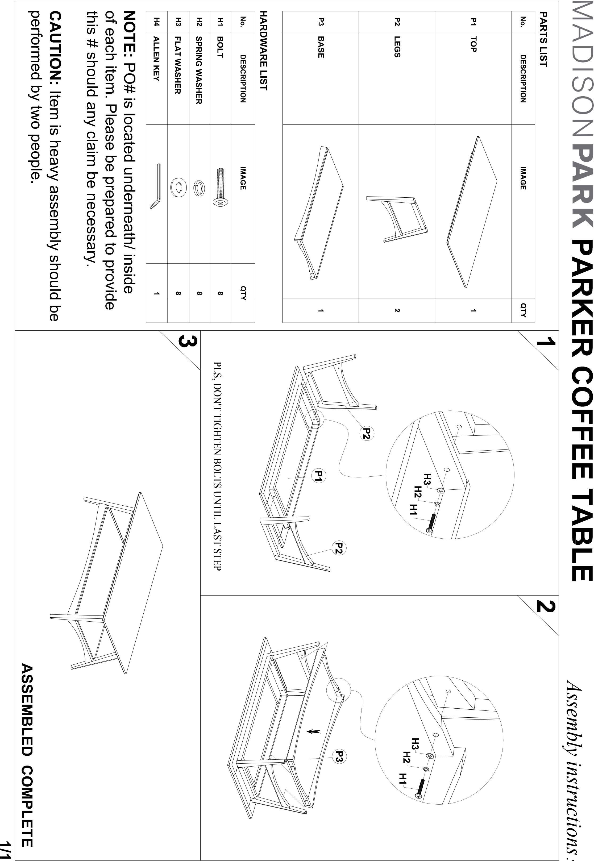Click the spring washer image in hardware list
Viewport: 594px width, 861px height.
point(199,188)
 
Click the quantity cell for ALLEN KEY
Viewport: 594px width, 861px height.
point(157,294)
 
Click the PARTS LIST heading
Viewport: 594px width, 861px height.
point(543,39)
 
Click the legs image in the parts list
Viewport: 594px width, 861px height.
point(397,219)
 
